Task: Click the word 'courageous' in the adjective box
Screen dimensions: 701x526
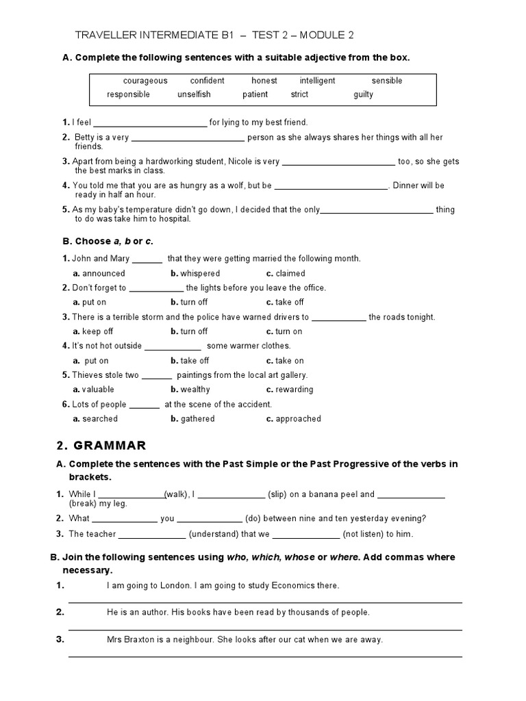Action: pos(145,81)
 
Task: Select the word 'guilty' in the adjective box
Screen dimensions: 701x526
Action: pos(363,94)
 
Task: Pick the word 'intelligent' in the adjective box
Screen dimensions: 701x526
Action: pos(317,81)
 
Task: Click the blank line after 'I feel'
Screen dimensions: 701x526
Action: pos(149,123)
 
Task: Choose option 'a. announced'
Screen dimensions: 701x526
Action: pos(99,273)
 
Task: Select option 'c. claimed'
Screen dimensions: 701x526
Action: pos(286,273)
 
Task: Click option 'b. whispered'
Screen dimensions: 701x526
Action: pos(195,273)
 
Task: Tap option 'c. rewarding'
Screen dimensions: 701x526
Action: pos(290,390)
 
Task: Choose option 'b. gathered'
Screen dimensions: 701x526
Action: pos(192,419)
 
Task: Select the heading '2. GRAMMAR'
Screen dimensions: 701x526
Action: pos(101,446)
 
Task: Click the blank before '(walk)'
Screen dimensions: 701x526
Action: pos(133,495)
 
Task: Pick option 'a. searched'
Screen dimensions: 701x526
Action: pos(95,419)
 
